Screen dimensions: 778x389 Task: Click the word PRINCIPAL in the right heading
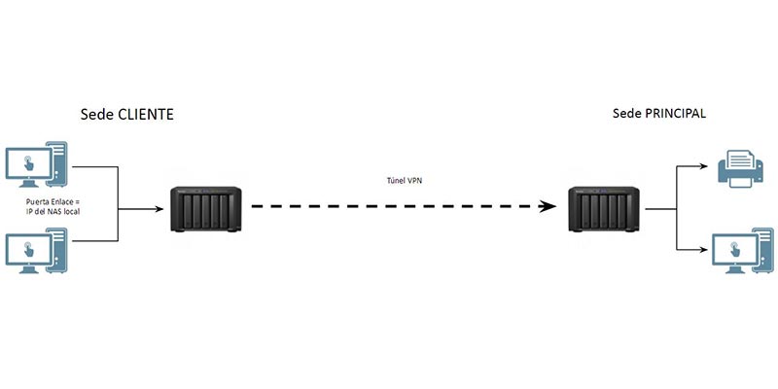click(x=675, y=113)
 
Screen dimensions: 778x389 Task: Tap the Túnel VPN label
click(x=405, y=181)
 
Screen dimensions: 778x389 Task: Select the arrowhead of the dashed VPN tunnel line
click(x=548, y=206)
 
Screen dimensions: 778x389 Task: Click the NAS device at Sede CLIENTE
click(x=205, y=209)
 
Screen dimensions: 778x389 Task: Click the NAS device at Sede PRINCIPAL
click(x=604, y=209)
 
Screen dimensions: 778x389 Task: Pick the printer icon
click(x=741, y=169)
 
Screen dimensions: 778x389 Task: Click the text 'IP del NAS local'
click(x=53, y=212)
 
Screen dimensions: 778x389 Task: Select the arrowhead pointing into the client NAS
click(x=159, y=209)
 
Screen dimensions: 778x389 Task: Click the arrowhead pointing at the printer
click(x=703, y=166)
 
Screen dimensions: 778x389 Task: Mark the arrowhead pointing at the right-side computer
click(x=703, y=250)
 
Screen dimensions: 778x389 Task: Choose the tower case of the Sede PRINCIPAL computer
click(x=764, y=250)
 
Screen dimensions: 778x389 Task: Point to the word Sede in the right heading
click(x=626, y=113)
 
